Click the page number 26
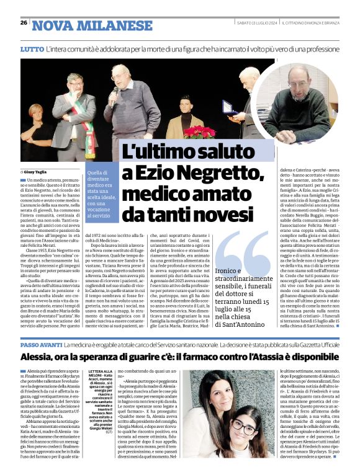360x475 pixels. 24,22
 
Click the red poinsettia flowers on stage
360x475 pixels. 200,132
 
